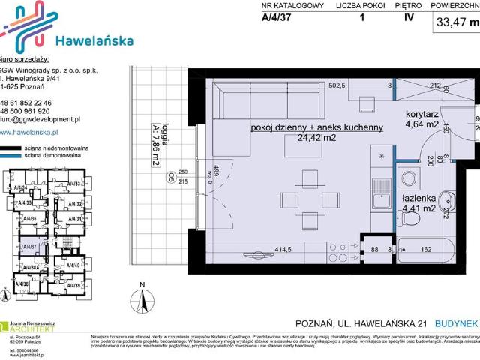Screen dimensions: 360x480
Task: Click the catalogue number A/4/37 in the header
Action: pyautogui.click(x=277, y=20)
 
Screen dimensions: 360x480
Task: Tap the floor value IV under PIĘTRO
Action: pyautogui.click(x=408, y=20)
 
